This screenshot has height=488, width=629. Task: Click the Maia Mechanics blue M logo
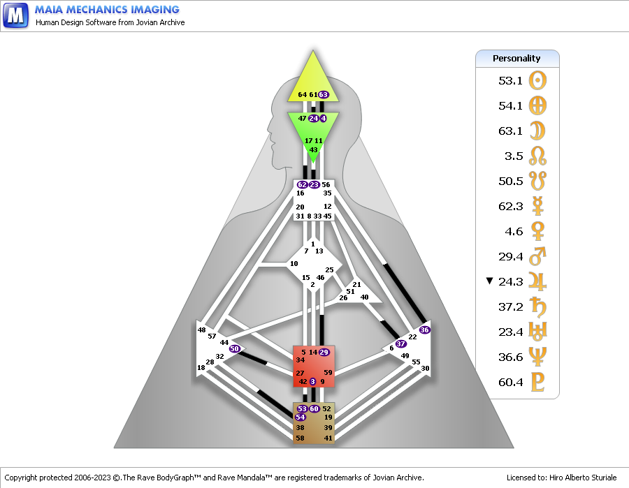coord(15,15)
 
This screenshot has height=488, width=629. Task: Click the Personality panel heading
coord(516,59)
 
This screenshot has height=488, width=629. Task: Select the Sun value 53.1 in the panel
coord(510,81)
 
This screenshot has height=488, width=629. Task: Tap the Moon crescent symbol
coord(537,131)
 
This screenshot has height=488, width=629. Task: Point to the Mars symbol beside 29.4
coord(537,256)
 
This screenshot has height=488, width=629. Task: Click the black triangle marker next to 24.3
coord(489,281)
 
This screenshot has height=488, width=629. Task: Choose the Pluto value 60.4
coord(510,382)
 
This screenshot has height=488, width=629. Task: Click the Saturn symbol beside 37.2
coord(537,307)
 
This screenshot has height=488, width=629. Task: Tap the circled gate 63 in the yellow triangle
coord(324,95)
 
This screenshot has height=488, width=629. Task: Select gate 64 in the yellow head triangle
coord(303,95)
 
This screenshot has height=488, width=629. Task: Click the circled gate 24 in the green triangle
coord(314,119)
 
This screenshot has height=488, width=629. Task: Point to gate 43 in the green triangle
coord(313,150)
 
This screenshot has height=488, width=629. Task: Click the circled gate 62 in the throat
coord(302,185)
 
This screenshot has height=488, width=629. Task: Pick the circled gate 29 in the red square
coord(324,352)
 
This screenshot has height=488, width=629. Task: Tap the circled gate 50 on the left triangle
coord(234,348)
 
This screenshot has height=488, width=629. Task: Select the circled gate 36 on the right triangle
coord(424,330)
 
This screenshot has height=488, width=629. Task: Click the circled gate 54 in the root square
coord(300,417)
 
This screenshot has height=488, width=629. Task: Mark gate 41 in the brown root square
coord(328,438)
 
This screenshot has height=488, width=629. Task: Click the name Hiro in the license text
coord(556,478)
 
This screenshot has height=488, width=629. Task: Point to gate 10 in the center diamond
coord(294,264)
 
